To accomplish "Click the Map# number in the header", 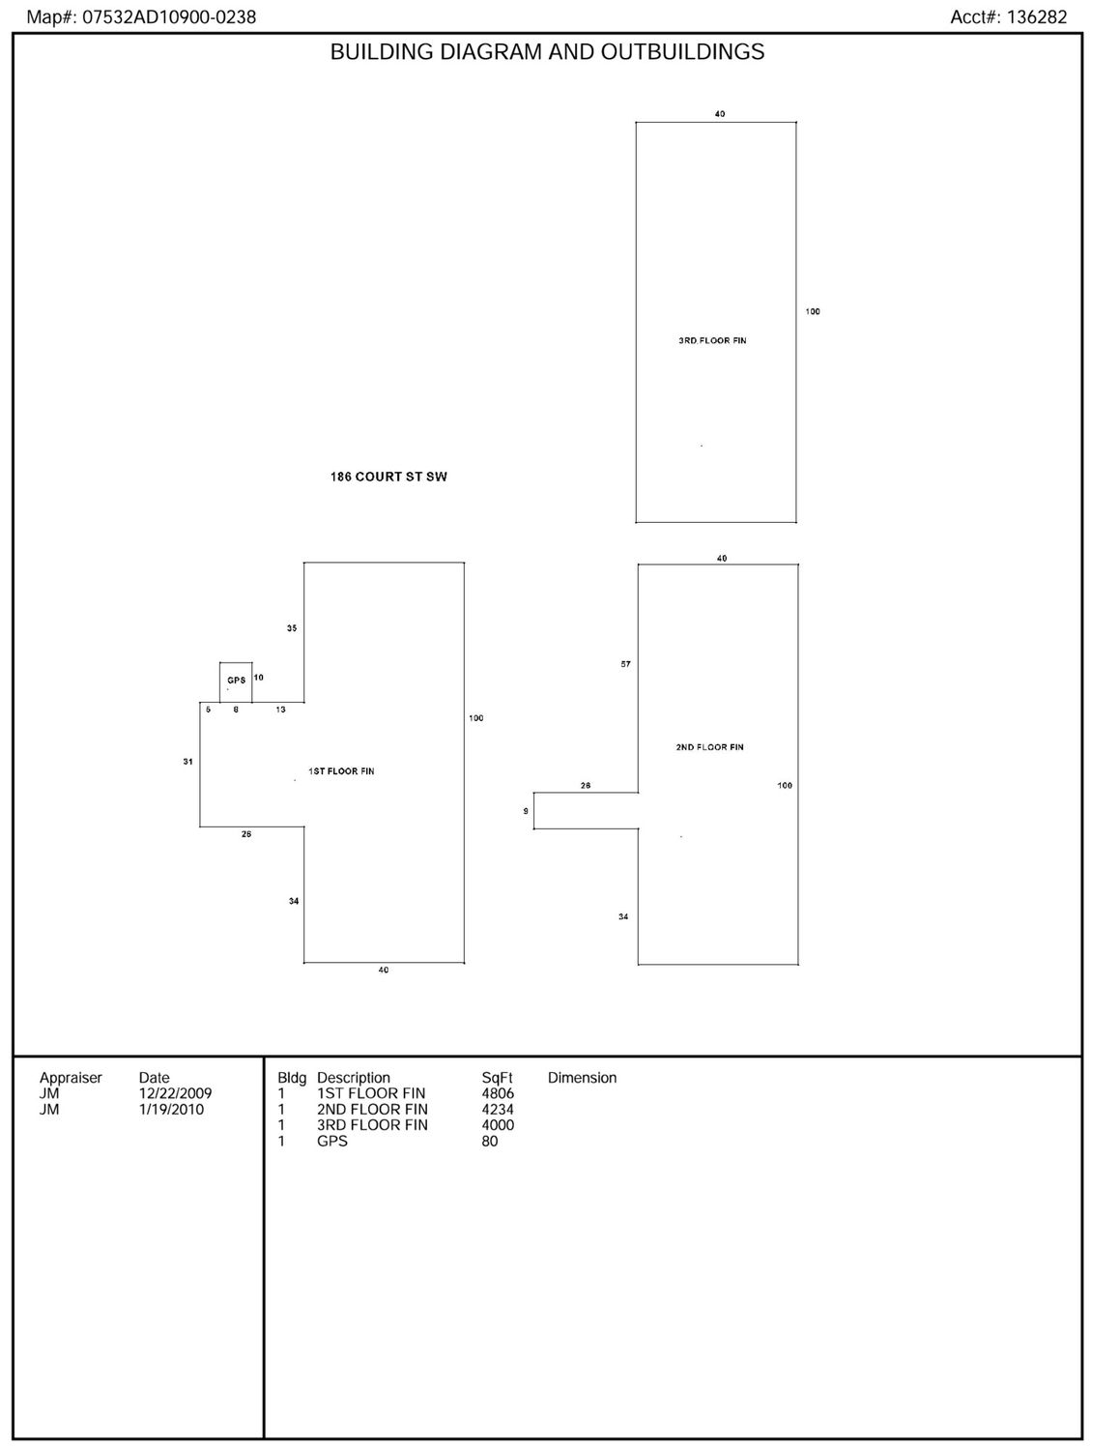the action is point(169,17).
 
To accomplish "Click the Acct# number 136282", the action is point(1037,17).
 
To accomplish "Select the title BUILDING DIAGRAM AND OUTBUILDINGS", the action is point(547,52).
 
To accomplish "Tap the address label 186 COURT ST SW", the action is point(388,477).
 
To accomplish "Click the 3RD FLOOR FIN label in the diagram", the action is point(712,340).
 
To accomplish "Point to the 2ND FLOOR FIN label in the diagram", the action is point(709,746).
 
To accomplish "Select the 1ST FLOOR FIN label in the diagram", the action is point(341,770).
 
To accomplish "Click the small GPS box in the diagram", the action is point(236,681).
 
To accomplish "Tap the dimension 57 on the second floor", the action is point(625,664).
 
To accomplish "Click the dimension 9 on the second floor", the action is point(526,811).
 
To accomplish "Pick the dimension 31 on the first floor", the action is point(188,762).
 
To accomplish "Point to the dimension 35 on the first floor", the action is point(292,628).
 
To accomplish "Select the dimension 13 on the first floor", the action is point(281,710).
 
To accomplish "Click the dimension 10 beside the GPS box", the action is point(259,678).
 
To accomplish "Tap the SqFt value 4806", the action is point(498,1093).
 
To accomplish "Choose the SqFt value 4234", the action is point(498,1109).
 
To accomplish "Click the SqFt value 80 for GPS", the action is point(490,1141).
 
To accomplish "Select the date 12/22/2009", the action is point(175,1093).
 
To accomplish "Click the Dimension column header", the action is point(583,1077).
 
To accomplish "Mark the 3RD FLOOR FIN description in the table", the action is point(372,1125).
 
